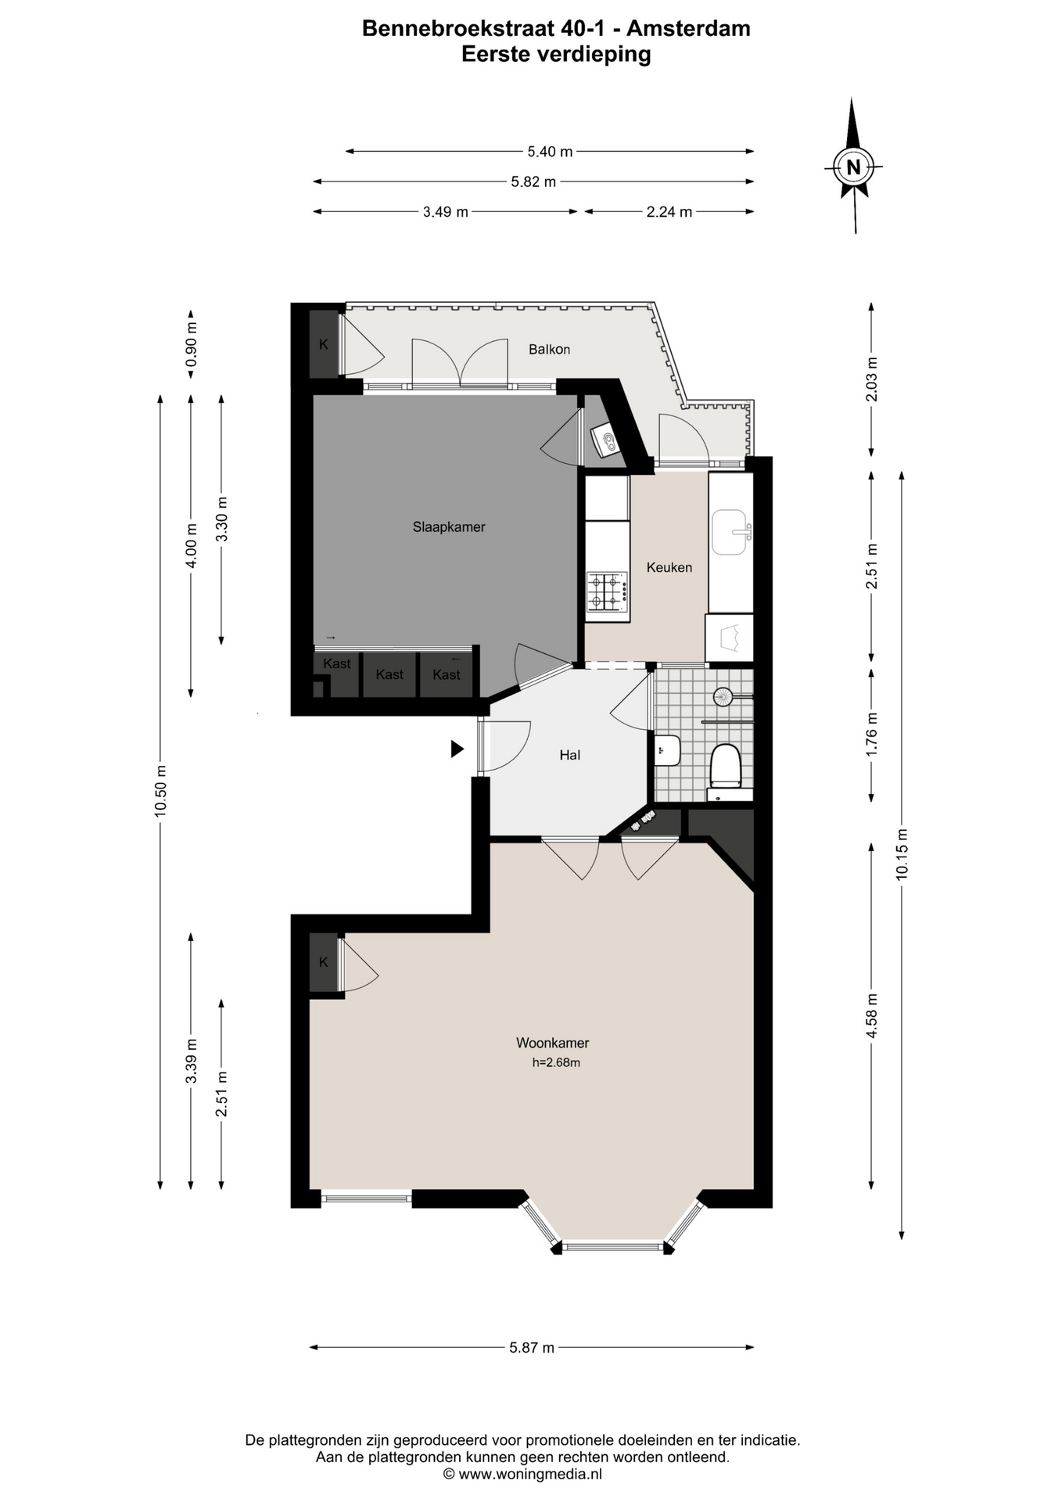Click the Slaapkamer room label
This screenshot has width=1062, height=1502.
pos(449,527)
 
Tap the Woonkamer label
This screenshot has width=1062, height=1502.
pos(552,1043)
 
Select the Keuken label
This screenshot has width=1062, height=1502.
pos(669,567)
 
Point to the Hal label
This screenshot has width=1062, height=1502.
pos(569,755)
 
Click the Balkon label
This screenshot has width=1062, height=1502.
pos(549,349)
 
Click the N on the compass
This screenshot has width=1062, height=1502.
pos(853,167)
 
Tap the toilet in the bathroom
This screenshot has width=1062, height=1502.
pos(725,766)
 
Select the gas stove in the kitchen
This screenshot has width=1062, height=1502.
pos(608,591)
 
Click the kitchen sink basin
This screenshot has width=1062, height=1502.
pos(729,532)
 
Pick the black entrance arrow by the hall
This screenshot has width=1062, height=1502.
pos(457,749)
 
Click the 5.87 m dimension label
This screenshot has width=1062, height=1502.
pos(532,1347)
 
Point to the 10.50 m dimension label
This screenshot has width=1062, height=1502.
pos(160,790)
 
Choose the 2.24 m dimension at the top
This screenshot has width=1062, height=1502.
pos(669,211)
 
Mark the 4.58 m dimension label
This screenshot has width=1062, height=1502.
pos(872,1015)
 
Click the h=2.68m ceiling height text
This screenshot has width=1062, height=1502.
pos(556,1062)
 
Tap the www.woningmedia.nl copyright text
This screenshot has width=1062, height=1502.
pos(522,1475)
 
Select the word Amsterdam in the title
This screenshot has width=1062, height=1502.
pos(688,29)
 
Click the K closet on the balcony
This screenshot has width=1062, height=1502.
pos(324,343)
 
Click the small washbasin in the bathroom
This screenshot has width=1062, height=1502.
pos(667,750)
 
